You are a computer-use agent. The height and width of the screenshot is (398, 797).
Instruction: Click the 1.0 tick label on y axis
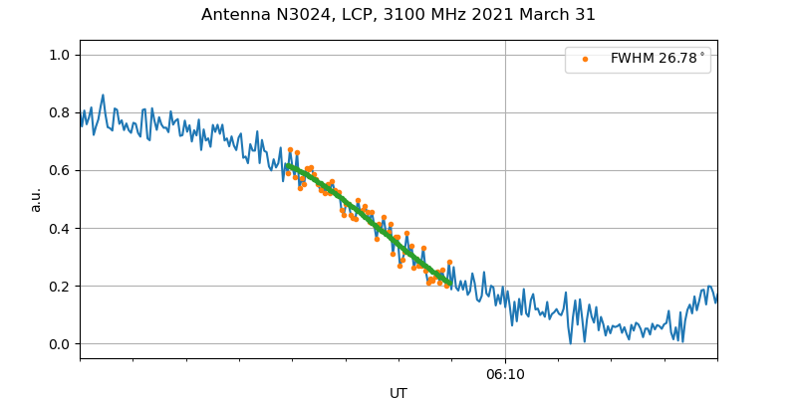pos(59,55)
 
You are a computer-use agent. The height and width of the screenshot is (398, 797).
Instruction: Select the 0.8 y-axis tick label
pos(59,112)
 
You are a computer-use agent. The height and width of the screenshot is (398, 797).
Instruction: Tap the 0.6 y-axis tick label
pos(59,170)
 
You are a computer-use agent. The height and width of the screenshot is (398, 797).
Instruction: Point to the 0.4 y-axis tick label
pos(59,228)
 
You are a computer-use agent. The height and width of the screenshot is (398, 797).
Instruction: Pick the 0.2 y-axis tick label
pos(59,287)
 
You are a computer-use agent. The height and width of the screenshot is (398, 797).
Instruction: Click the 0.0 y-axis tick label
pos(59,344)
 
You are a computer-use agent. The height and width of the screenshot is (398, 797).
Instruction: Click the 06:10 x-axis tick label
pos(505,374)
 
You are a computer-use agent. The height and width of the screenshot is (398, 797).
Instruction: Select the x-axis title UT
pos(398,393)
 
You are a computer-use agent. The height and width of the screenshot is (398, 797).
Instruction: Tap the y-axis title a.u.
pos(36,199)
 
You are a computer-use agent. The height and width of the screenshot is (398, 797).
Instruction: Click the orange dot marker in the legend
pos(585,60)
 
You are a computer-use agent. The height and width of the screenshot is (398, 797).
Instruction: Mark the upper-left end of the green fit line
pos(287,165)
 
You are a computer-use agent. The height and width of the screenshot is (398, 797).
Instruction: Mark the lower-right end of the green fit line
pos(450,285)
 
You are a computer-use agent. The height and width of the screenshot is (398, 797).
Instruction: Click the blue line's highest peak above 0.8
pos(103,96)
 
